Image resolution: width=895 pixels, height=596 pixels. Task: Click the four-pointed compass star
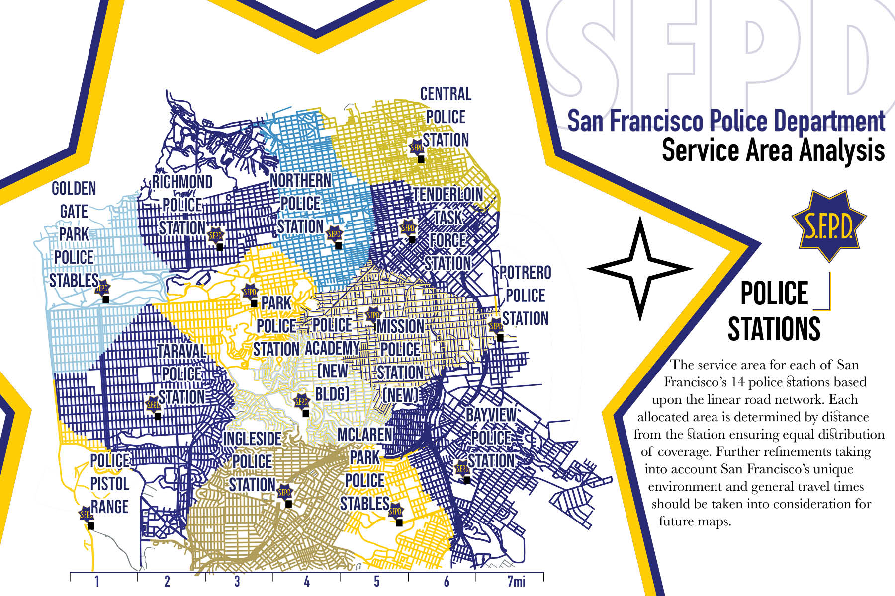pyautogui.click(x=640, y=269)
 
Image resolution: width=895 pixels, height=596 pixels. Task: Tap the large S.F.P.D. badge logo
pyautogui.click(x=828, y=226)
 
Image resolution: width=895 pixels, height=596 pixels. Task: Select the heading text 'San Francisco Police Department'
pyautogui.click(x=725, y=121)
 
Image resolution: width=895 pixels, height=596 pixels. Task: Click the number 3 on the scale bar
pyautogui.click(x=237, y=581)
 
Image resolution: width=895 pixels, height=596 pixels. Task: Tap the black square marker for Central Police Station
pyautogui.click(x=421, y=159)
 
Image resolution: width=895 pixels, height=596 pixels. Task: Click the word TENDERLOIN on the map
pyautogui.click(x=448, y=194)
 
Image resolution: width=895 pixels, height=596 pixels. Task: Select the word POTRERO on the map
pyautogui.click(x=526, y=273)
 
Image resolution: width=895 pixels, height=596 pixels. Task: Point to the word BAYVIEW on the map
pyautogui.click(x=491, y=415)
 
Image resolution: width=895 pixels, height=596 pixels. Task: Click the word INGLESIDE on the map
pyautogui.click(x=252, y=439)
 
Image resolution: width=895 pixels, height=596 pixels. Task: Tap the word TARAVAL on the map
pyautogui.click(x=181, y=351)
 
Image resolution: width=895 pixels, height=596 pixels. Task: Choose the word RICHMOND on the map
pyautogui.click(x=182, y=182)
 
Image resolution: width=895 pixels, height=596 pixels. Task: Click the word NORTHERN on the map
pyautogui.click(x=301, y=180)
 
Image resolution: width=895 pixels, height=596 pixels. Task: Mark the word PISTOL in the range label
pyautogui.click(x=109, y=483)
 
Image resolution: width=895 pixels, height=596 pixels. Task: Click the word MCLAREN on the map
pyautogui.click(x=364, y=435)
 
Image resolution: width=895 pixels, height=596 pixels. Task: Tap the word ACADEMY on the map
pyautogui.click(x=332, y=348)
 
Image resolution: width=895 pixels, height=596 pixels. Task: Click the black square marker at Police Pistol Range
pyautogui.click(x=90, y=526)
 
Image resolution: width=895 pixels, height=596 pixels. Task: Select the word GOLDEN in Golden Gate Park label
pyautogui.click(x=74, y=188)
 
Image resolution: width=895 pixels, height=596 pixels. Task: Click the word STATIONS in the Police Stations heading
pyautogui.click(x=774, y=329)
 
